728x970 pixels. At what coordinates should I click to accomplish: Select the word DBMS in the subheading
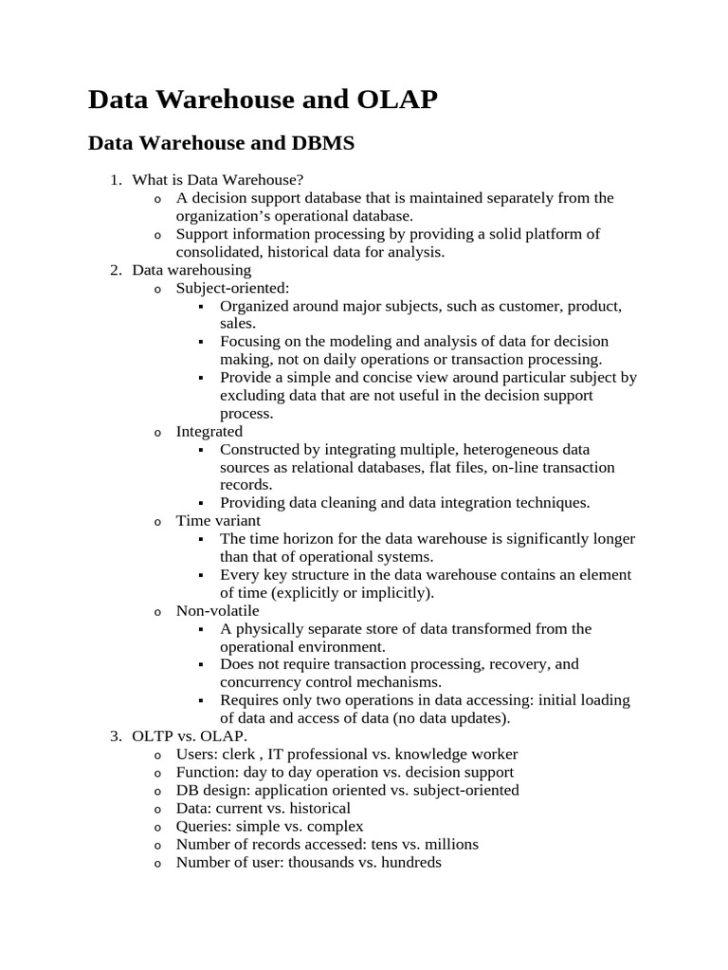(x=318, y=143)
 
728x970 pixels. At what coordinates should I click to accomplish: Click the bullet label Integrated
(x=209, y=431)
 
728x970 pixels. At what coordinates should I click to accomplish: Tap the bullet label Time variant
(x=218, y=520)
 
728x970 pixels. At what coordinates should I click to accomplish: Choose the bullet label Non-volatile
(x=217, y=611)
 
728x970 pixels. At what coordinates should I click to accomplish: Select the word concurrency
(x=263, y=682)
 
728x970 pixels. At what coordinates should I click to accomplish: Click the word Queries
(x=203, y=826)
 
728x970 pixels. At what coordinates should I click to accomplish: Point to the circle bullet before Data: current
(x=157, y=809)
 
